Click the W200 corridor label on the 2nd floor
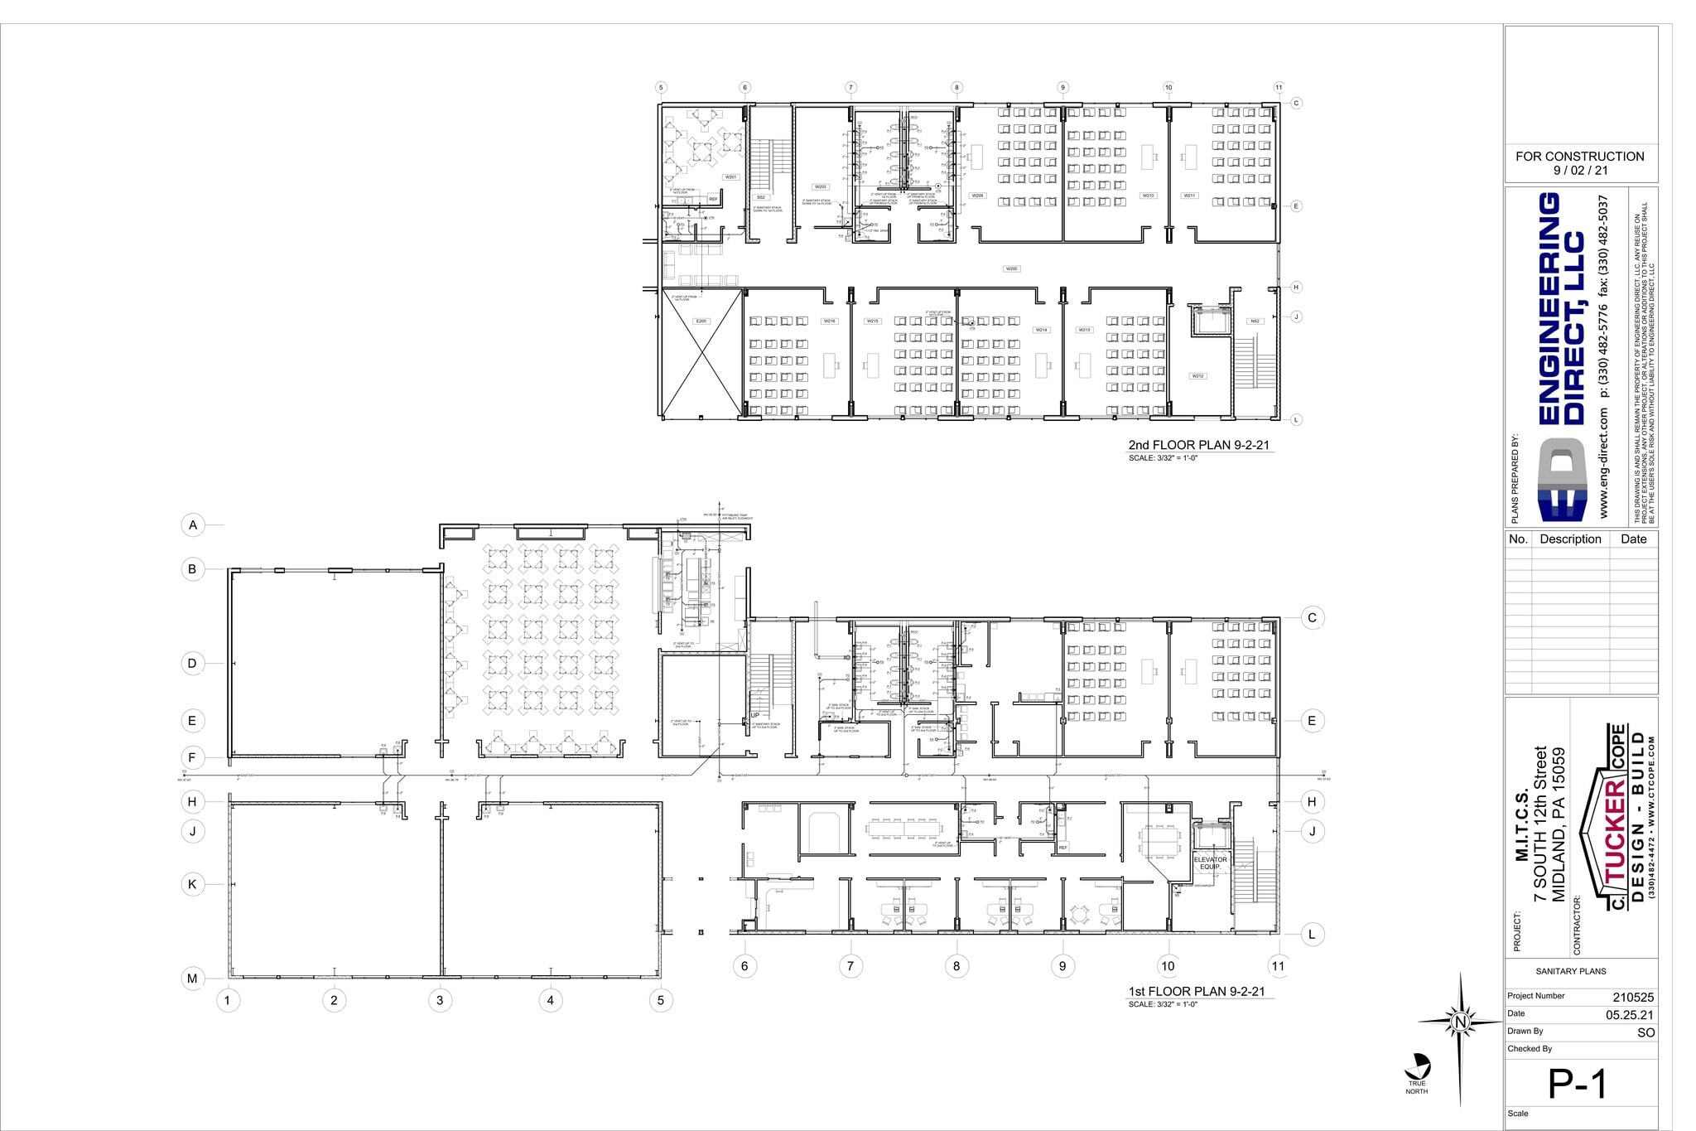pos(1011,269)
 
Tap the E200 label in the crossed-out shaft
pos(701,321)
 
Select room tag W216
pos(829,321)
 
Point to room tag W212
pos(1197,376)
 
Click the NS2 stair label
pos(1255,321)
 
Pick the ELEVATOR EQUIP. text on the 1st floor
pos(1210,863)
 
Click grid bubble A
pos(193,524)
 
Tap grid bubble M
pos(192,979)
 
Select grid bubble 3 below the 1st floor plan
pos(440,1000)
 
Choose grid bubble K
pos(192,884)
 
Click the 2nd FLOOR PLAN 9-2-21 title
pos(1198,445)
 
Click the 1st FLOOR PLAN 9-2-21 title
pos(1197,991)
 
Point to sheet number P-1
pos(1578,1084)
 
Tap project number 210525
pos(1632,998)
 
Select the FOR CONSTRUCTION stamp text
pos(1579,157)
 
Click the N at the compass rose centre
pos(1461,1022)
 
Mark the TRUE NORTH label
pos(1417,1087)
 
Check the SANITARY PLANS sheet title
pos(1570,971)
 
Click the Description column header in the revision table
pos(1570,539)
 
